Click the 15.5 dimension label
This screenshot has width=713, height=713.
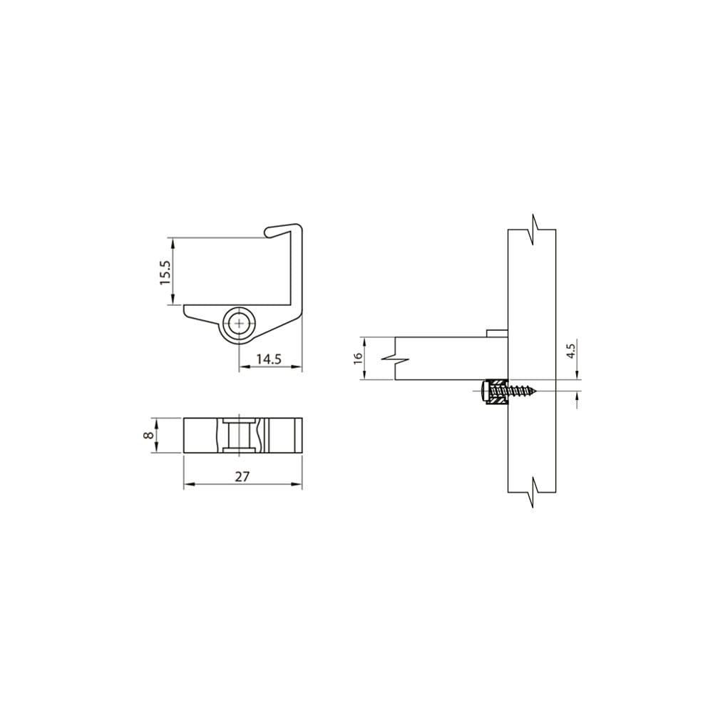click(x=165, y=272)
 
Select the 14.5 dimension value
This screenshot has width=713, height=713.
click(x=269, y=359)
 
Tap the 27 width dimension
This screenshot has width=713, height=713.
click(x=242, y=476)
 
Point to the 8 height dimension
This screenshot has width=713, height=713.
click(x=146, y=435)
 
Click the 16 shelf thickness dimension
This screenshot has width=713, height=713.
click(x=359, y=357)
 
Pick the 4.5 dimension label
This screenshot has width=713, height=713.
click(x=571, y=352)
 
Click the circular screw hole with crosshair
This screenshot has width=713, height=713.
click(x=239, y=324)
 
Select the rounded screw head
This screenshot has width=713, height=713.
click(x=483, y=391)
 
